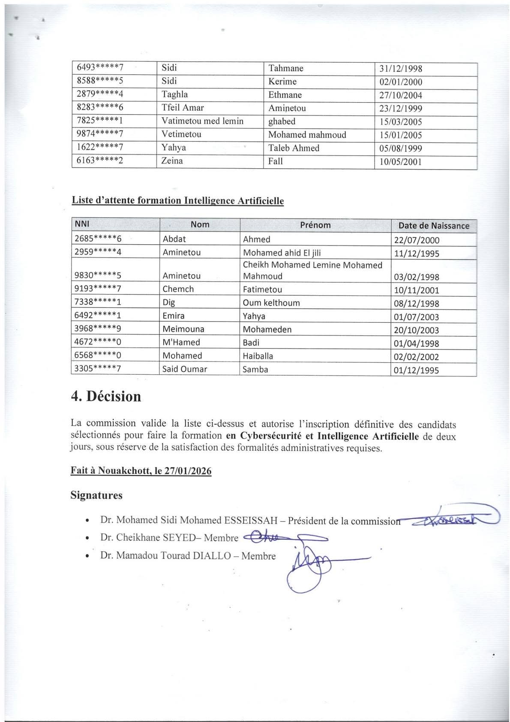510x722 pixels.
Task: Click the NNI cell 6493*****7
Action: coord(100,67)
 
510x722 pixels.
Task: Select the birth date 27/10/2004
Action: coord(401,95)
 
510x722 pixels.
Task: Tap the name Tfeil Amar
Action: coord(183,108)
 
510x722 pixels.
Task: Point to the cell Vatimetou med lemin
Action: coord(202,121)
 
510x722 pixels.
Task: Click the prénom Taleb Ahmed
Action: coord(294,148)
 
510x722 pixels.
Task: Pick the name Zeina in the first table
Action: coord(172,161)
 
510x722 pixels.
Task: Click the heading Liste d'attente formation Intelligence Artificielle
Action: coord(177,200)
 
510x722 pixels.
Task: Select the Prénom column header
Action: coord(315,225)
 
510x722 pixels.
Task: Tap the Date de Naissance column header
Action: coord(434,226)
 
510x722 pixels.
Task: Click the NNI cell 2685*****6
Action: coord(98,239)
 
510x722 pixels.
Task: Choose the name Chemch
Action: coord(178,289)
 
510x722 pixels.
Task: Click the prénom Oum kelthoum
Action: coord(271,303)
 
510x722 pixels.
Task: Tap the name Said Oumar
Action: coord(185,369)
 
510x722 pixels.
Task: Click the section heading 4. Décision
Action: coord(106,396)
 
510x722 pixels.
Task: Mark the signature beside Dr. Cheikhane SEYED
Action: coord(285,537)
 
